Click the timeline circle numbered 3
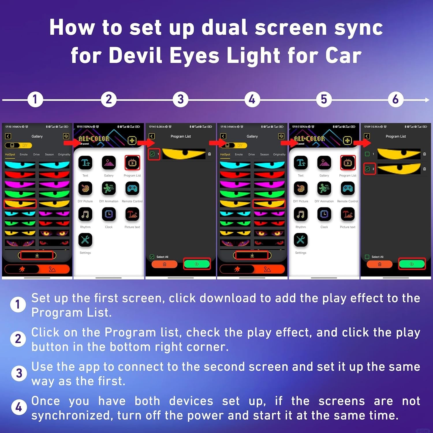click(180, 100)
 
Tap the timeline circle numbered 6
click(395, 100)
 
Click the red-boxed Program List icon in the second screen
click(132, 163)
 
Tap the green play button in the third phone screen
click(197, 264)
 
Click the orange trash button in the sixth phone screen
click(380, 264)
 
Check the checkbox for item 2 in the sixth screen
click(367, 169)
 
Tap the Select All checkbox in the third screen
click(152, 257)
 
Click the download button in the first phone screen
click(37, 255)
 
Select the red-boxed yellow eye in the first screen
click(20, 204)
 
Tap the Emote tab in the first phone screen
click(24, 154)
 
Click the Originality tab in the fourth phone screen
click(279, 154)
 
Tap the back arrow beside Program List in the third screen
click(152, 136)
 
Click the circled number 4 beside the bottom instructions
click(19, 407)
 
